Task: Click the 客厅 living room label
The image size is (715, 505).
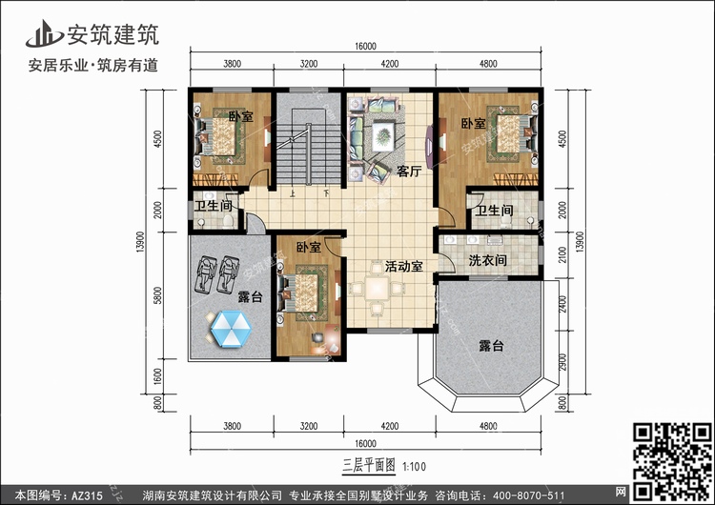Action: [409, 172]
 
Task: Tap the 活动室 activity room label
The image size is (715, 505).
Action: [404, 267]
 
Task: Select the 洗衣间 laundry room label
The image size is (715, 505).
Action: [486, 260]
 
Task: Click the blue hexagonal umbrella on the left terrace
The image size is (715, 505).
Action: [229, 331]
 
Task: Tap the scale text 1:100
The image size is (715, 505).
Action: [414, 465]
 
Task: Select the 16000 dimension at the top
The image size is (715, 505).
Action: [366, 46]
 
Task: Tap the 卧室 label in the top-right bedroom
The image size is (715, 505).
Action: [474, 124]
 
